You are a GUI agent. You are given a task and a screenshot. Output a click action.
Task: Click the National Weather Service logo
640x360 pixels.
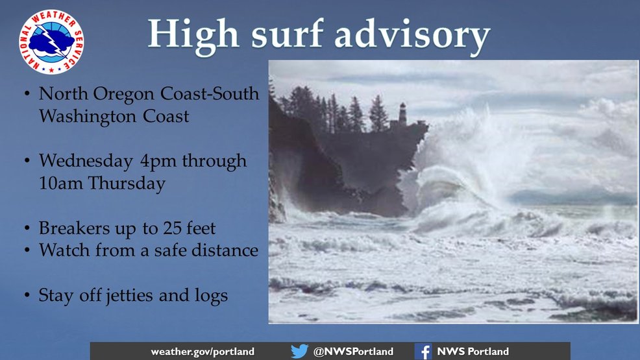(x=51, y=42)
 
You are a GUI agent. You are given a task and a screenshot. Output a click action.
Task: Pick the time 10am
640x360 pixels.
(x=61, y=183)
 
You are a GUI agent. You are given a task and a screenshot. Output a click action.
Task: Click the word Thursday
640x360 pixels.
(x=127, y=184)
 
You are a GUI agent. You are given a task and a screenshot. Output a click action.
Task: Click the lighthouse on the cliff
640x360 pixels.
(x=402, y=114)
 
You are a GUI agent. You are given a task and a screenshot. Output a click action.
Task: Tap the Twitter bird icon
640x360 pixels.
(x=300, y=351)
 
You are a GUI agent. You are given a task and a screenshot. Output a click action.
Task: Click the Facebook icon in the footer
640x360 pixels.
(x=423, y=352)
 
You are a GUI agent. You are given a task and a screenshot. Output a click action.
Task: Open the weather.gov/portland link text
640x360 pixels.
(x=203, y=352)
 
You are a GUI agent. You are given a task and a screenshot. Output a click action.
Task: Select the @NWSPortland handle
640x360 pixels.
(x=354, y=352)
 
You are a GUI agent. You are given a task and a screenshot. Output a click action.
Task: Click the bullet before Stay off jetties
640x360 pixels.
(x=27, y=294)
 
